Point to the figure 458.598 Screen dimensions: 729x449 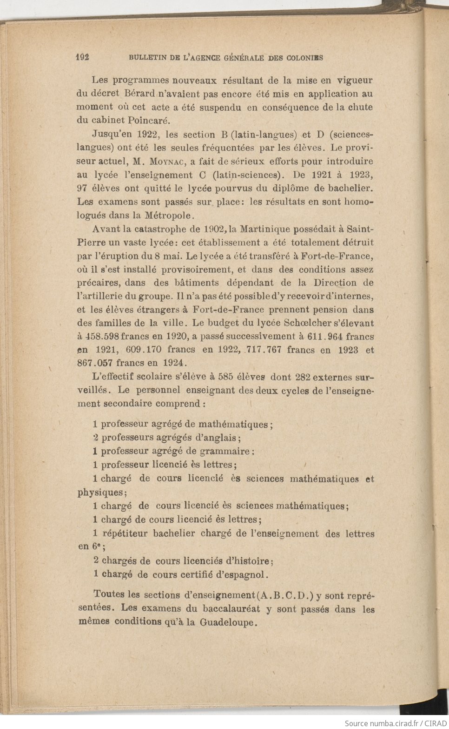(102, 337)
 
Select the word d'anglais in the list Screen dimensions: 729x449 (218, 438)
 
